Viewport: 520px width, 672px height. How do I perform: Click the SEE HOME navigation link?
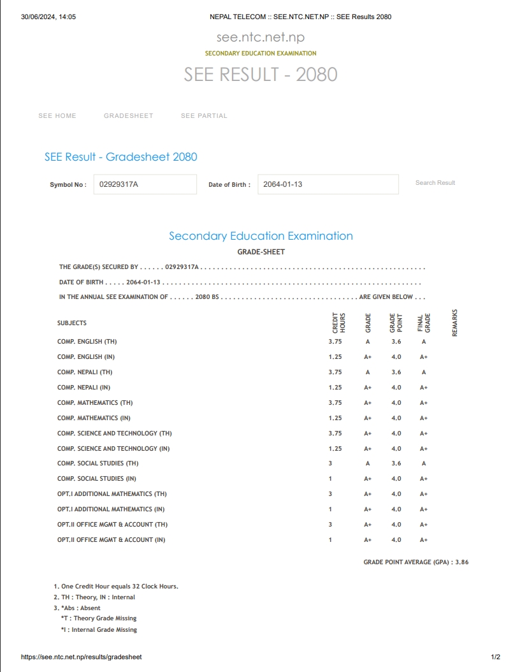(x=57, y=116)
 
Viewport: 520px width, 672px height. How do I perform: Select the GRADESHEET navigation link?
(x=129, y=116)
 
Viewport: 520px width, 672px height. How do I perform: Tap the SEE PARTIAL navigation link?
(x=204, y=116)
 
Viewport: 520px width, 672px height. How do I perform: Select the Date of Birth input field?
(x=328, y=184)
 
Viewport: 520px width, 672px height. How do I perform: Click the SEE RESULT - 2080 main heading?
(x=261, y=75)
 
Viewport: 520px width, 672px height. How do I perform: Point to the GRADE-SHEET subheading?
(x=261, y=252)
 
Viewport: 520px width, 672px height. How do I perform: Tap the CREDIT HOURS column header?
(x=339, y=323)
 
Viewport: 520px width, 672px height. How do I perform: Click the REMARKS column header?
(x=455, y=323)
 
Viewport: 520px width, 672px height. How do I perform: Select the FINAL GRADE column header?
(x=424, y=323)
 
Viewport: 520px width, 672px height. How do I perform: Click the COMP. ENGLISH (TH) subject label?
(x=87, y=342)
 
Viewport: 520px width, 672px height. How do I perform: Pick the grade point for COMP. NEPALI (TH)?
(x=396, y=372)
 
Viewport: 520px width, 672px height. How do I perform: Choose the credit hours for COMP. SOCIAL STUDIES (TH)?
(x=330, y=464)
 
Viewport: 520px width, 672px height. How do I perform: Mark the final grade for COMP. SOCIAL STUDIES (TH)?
(x=424, y=464)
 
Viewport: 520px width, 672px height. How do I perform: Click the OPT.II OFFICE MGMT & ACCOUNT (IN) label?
(x=111, y=540)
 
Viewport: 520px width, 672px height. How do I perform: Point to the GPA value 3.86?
(x=462, y=563)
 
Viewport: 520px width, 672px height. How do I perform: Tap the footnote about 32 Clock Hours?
(x=116, y=587)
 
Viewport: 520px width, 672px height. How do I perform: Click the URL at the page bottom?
(x=82, y=657)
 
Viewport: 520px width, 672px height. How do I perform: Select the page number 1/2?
(x=495, y=657)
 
